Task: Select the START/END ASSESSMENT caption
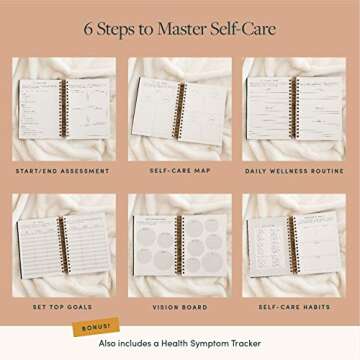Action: [62, 171]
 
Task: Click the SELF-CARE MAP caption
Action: [178, 171]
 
